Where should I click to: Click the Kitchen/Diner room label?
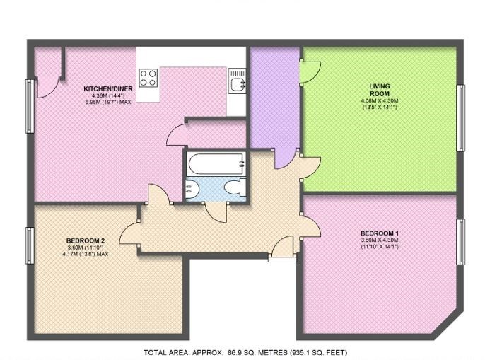(x=108, y=89)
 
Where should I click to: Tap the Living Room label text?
(x=380, y=90)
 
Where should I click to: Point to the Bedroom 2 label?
(x=86, y=240)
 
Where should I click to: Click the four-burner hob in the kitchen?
(x=148, y=78)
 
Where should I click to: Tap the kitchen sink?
(x=238, y=81)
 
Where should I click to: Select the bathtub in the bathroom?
(x=216, y=163)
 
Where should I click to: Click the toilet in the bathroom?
(x=235, y=187)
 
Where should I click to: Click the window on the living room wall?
(x=461, y=118)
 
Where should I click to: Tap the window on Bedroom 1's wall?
(x=461, y=242)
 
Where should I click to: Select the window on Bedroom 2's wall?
(x=30, y=245)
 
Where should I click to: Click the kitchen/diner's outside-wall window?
(x=30, y=106)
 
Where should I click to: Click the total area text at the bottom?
(x=245, y=352)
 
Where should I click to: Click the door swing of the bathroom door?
(x=216, y=212)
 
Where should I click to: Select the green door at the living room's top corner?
(x=310, y=72)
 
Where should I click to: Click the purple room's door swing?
(x=284, y=159)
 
